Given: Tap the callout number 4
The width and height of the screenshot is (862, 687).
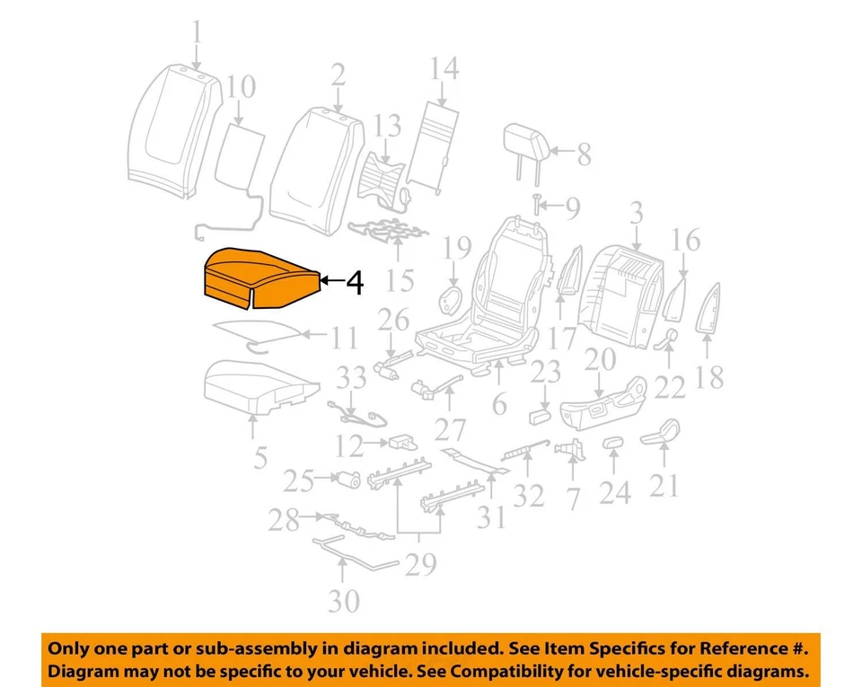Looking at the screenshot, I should click(356, 284).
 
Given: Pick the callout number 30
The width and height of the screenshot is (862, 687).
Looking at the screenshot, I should click(344, 599).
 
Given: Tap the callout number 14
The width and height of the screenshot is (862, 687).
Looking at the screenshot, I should click(444, 68).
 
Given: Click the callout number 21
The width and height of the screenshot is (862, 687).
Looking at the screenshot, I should click(664, 485).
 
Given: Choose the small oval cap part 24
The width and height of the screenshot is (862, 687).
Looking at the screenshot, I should click(613, 442).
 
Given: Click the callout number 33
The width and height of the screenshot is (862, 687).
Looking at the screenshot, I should click(351, 378).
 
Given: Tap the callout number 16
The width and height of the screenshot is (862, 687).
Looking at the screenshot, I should click(686, 240).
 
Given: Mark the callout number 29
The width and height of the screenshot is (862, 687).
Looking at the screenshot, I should click(420, 564).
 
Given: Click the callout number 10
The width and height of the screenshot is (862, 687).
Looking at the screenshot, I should click(241, 88).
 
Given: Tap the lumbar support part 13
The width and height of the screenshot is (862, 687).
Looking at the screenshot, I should click(381, 173).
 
